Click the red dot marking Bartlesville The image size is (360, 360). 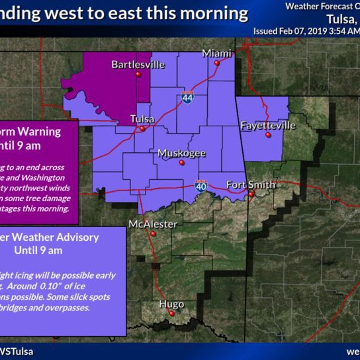click(x=138, y=74)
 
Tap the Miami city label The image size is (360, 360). click(x=217, y=54)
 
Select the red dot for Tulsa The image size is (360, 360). click(x=142, y=129)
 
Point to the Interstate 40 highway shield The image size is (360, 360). click(x=201, y=186)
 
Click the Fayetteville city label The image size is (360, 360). click(x=268, y=125)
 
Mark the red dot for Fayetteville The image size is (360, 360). click(x=268, y=135)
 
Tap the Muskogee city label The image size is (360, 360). click(x=181, y=153)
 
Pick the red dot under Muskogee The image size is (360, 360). click(x=181, y=163)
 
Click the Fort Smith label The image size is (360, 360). click(x=250, y=184)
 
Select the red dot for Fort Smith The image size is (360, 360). click(x=251, y=194)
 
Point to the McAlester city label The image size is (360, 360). click(x=153, y=224)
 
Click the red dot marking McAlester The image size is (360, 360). click(x=153, y=233)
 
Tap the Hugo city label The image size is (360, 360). click(x=172, y=304)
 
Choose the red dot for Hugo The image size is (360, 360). click(x=172, y=313)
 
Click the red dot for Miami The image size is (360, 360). click(x=217, y=63)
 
